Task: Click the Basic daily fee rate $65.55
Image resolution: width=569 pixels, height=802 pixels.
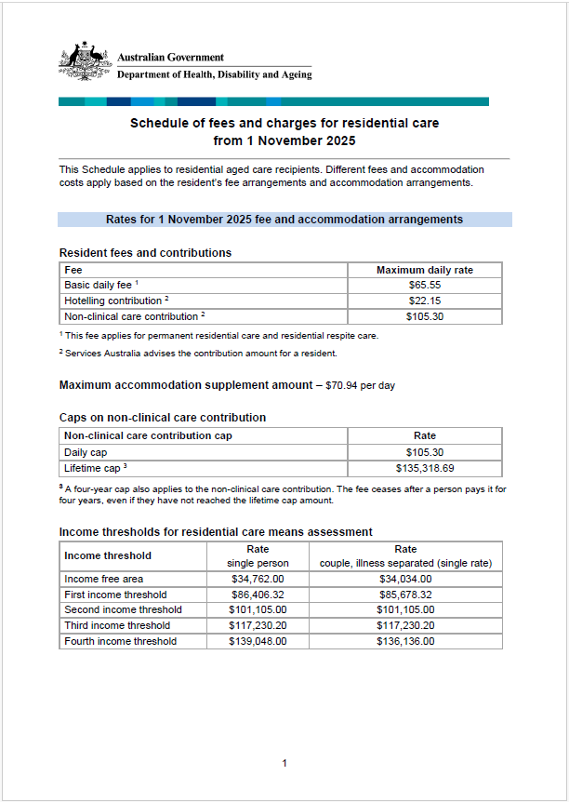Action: [424, 286]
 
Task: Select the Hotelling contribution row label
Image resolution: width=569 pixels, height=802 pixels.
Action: [113, 301]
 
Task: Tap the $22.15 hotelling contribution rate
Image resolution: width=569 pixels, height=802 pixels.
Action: [424, 301]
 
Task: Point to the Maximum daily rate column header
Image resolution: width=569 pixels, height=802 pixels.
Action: [424, 270]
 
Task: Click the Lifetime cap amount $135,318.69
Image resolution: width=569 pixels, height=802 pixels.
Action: [424, 467]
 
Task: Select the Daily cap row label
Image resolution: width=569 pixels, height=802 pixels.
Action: [86, 451]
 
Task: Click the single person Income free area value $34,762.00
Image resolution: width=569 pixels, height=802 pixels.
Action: [258, 579]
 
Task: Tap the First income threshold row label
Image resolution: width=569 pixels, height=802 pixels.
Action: [115, 595]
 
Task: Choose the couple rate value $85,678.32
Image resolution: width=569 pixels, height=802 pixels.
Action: [405, 595]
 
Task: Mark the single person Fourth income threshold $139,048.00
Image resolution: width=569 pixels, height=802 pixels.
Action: [258, 641]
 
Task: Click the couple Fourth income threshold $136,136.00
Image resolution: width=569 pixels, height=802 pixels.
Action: [405, 641]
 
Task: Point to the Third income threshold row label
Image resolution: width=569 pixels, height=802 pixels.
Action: [116, 625]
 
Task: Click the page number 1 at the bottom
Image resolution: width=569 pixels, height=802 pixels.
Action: [284, 763]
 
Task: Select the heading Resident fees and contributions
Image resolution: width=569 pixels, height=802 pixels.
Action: [145, 253]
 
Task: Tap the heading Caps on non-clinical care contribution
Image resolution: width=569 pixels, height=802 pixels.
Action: [163, 418]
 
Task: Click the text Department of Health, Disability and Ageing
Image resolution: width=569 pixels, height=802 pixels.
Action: [215, 74]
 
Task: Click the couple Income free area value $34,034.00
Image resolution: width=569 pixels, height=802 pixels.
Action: [405, 579]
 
